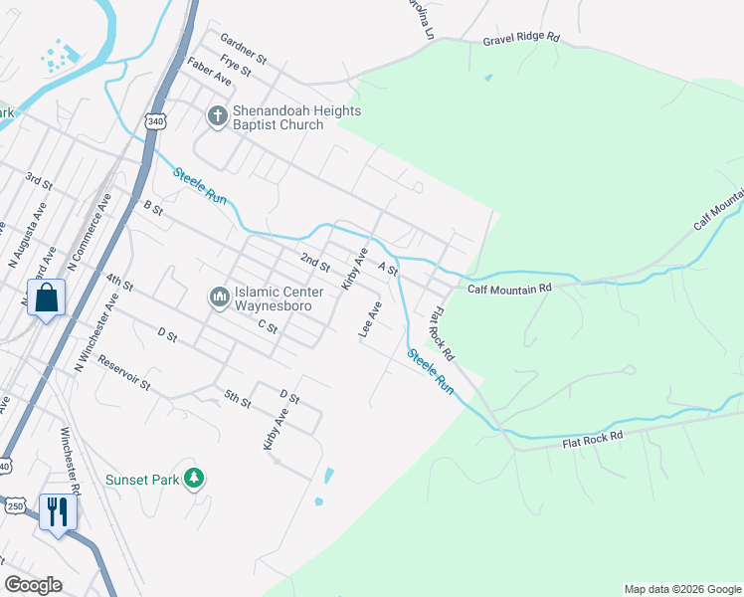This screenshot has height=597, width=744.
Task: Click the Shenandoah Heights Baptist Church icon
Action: click(217, 117)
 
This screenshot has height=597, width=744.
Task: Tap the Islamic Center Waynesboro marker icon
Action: click(219, 298)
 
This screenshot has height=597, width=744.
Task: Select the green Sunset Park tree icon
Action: click(195, 480)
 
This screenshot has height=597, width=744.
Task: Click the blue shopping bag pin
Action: click(47, 298)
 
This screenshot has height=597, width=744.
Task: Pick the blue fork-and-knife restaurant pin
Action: click(57, 512)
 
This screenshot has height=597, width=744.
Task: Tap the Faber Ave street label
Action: click(209, 70)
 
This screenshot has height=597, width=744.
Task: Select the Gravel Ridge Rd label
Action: click(522, 40)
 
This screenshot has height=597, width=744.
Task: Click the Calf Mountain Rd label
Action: click(509, 289)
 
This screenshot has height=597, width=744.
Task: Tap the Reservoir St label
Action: click(125, 372)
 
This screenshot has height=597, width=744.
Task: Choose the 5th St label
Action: click(238, 400)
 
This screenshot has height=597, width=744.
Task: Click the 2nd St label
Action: click(316, 262)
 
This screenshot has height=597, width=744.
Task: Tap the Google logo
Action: click(33, 585)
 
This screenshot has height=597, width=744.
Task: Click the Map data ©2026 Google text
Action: click(682, 589)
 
